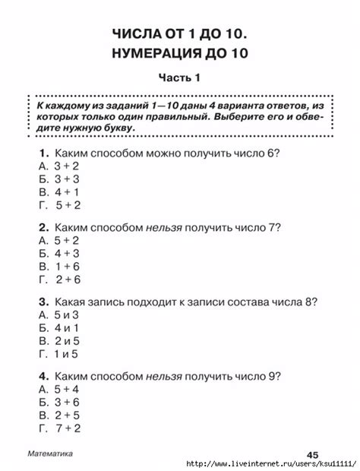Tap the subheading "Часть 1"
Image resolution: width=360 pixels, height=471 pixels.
[179, 78]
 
